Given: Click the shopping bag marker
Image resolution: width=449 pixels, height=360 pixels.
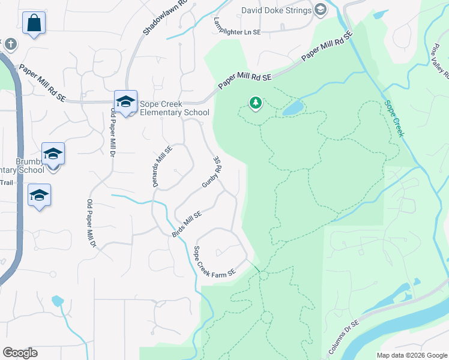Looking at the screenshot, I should pos(34,24).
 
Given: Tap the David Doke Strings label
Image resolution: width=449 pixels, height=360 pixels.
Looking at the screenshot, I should pos(276,10).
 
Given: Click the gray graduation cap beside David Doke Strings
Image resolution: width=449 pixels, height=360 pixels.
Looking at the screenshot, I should pos(321,10).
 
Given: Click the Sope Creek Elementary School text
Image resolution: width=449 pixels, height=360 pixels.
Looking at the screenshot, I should pos(174,108).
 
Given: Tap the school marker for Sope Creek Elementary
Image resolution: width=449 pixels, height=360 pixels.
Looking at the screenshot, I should pos(126,102).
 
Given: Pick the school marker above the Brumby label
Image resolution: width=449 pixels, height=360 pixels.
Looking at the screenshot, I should pos(53,154).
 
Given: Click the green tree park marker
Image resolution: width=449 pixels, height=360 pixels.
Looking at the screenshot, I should pos(256,104).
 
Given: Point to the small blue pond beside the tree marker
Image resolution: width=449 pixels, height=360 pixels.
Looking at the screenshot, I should pos(292,108).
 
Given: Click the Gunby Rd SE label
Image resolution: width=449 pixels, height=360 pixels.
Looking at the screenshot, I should pos(210,173).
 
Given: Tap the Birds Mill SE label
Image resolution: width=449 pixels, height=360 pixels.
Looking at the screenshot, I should pos(187,223).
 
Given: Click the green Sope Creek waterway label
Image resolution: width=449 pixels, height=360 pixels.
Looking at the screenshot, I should pos(394,118).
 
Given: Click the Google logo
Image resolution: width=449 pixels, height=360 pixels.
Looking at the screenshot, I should pos(20,352).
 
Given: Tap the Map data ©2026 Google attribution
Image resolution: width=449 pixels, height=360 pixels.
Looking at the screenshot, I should pos(412,355).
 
